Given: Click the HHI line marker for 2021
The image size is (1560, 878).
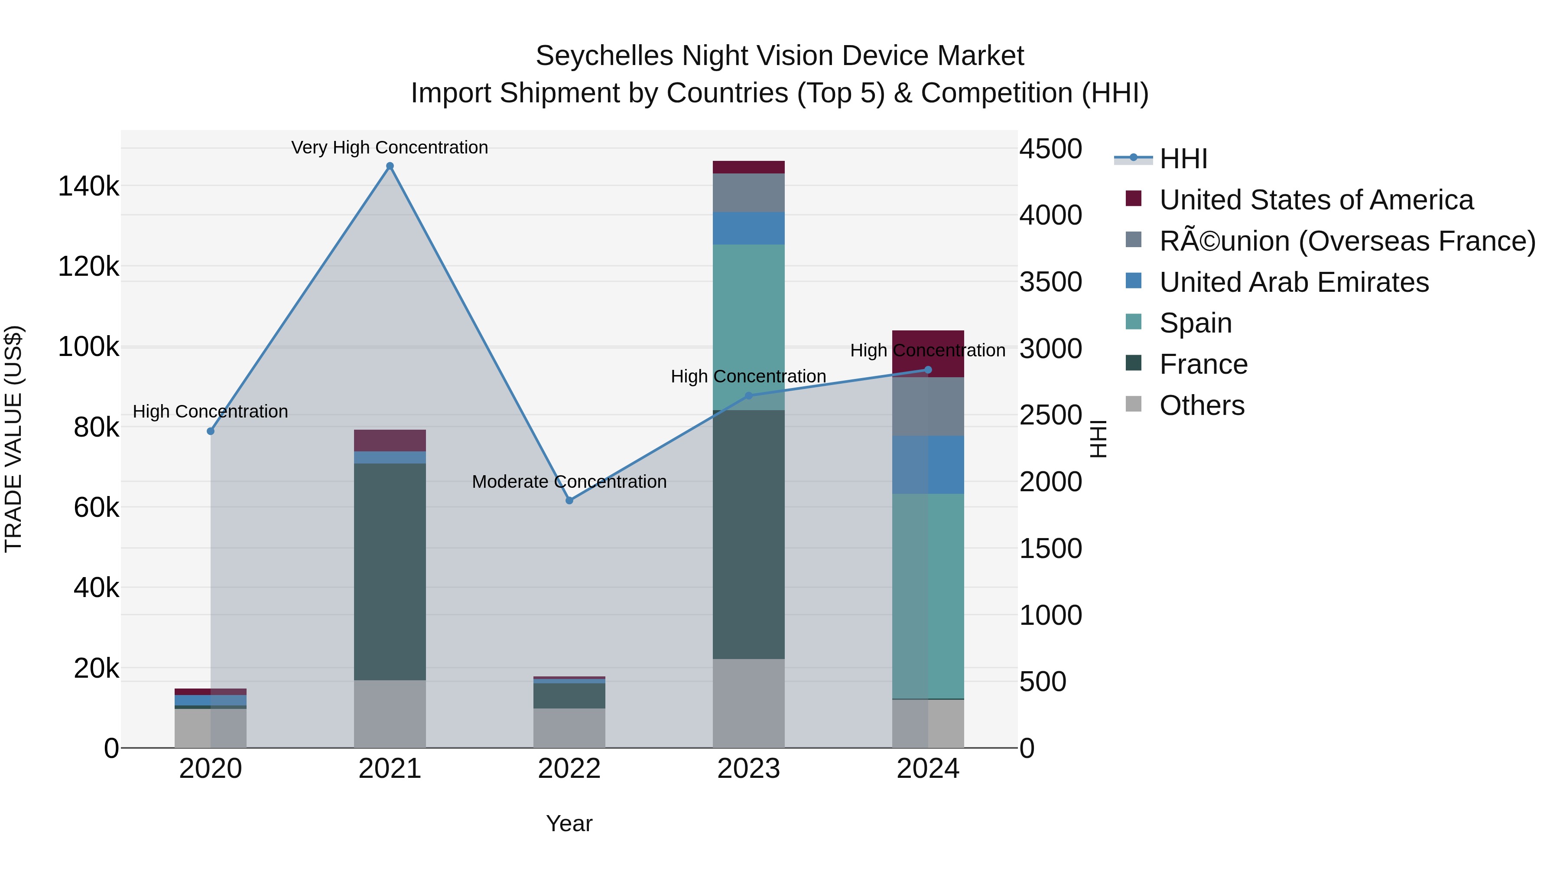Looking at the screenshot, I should (x=390, y=166).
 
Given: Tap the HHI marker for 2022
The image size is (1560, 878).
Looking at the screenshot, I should (x=569, y=500).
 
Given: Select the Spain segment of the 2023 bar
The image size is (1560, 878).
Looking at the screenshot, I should (x=748, y=327).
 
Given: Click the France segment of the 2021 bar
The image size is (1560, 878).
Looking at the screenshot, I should (x=390, y=571).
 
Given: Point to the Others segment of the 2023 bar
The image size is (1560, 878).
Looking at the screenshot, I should (x=748, y=703).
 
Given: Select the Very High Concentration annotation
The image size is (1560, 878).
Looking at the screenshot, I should (x=390, y=147).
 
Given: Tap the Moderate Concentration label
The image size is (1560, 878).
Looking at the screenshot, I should (x=569, y=482).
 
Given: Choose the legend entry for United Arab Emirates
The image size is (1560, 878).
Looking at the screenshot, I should (x=1293, y=282).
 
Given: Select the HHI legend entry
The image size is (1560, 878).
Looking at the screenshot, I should (x=1183, y=159).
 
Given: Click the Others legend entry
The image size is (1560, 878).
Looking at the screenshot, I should (x=1202, y=405).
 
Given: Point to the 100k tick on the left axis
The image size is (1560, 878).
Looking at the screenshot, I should (x=88, y=347).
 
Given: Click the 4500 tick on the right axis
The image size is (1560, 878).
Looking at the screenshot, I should (x=1050, y=149).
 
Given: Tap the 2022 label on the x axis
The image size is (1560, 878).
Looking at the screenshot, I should (x=569, y=769).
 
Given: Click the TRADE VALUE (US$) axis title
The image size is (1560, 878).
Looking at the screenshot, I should (x=13, y=439).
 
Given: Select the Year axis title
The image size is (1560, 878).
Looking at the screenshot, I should (x=569, y=823).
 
